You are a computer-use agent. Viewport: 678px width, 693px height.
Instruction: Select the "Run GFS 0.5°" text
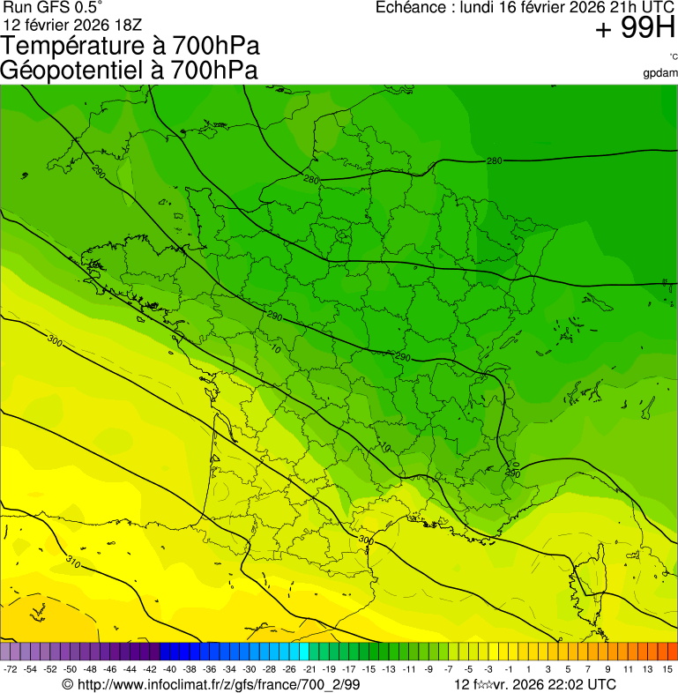coord(53,8)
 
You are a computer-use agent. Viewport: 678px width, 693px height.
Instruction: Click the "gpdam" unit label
coord(660,73)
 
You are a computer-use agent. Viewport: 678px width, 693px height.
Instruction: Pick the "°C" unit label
coord(673,56)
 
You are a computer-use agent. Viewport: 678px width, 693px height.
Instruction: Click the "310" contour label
coord(74,561)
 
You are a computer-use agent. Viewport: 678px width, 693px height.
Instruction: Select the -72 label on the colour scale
coord(11,670)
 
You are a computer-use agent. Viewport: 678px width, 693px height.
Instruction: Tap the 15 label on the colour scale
coord(668,670)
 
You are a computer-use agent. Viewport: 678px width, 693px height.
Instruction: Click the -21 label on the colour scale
coord(310,670)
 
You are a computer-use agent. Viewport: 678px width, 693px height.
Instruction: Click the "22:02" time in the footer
coord(565,684)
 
